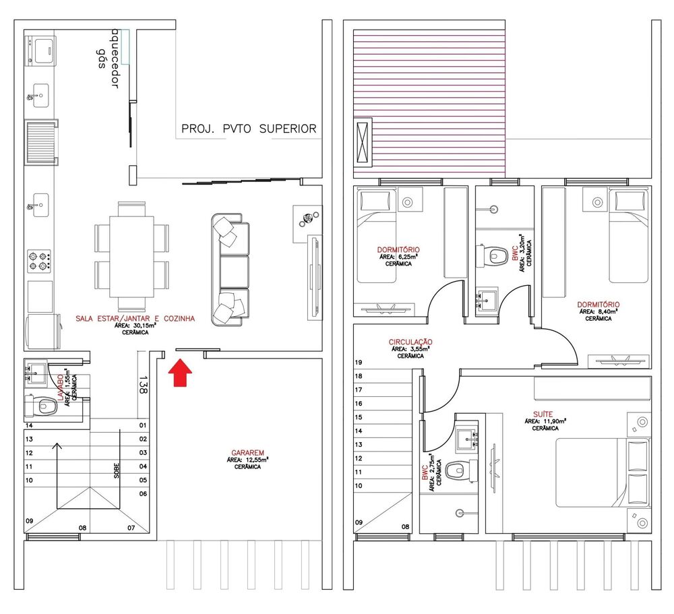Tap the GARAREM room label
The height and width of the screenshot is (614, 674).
coord(247,453)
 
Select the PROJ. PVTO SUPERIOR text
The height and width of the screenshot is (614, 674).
coord(249,129)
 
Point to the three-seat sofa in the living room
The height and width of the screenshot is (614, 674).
coord(231,270)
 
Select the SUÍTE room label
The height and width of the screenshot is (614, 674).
coord(546,414)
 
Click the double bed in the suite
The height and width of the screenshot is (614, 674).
coord(603,474)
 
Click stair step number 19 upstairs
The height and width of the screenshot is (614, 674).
coord(359,362)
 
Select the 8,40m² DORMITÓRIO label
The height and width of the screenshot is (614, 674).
coord(599,305)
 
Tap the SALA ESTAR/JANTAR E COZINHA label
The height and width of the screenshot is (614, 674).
coord(135,317)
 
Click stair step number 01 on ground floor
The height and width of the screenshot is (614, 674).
coord(143,425)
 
